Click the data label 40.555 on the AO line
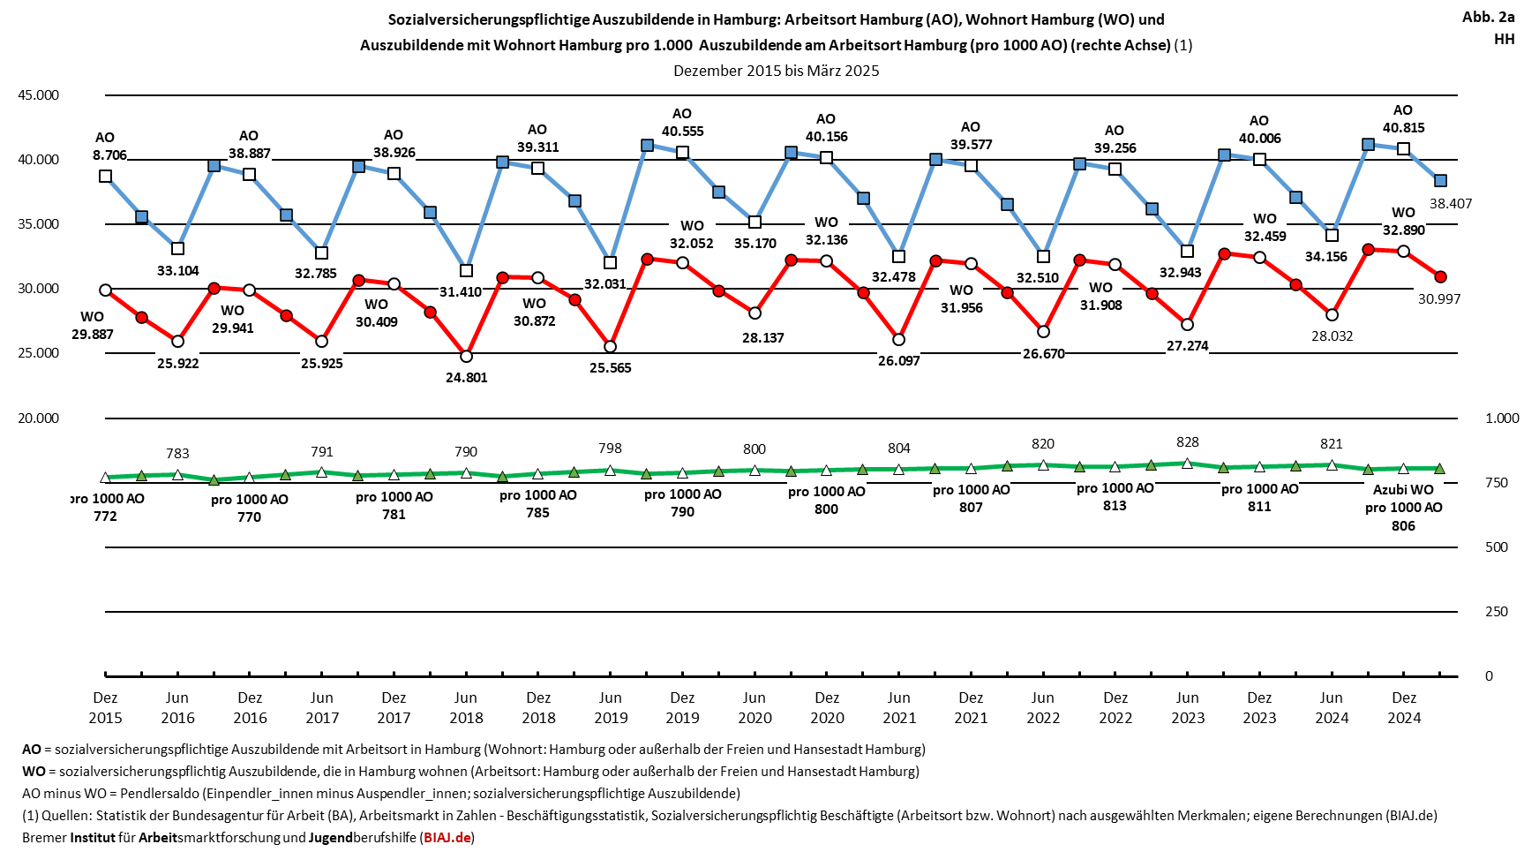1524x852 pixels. tap(682, 132)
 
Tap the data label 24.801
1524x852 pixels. tap(466, 378)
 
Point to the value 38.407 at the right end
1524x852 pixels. tap(1451, 204)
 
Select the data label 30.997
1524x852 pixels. tap(1439, 299)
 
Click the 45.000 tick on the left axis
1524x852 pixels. tap(39, 95)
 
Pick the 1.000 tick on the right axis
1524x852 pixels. tap(1502, 418)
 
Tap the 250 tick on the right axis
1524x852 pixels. tap(1497, 612)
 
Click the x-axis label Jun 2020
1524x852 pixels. tap(754, 708)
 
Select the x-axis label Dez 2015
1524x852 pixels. tap(105, 708)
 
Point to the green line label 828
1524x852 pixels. tap(1187, 442)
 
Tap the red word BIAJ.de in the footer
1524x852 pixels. tap(447, 837)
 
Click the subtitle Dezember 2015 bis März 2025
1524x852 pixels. tap(776, 71)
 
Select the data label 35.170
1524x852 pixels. tap(755, 244)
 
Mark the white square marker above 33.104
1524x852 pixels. tap(177, 249)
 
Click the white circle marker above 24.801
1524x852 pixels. tap(466, 357)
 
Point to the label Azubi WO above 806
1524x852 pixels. tap(1403, 490)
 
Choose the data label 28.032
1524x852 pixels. tap(1332, 336)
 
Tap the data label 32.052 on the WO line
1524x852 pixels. tap(691, 244)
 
